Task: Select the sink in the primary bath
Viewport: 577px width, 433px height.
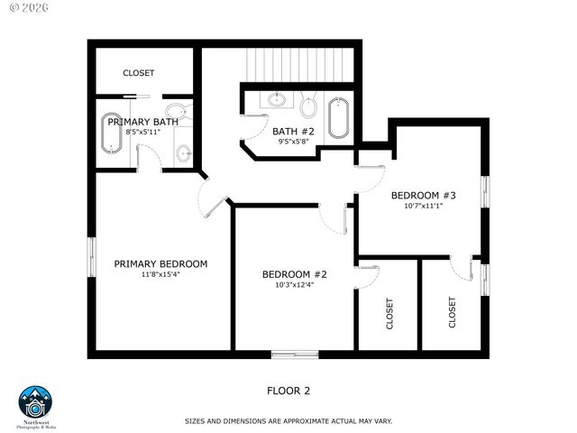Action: tap(183, 153)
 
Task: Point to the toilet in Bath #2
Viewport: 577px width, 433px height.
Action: tap(308, 109)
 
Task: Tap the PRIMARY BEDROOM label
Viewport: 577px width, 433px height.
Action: tap(160, 264)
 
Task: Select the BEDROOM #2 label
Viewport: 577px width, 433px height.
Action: tap(294, 274)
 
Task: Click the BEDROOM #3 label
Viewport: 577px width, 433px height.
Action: tap(423, 195)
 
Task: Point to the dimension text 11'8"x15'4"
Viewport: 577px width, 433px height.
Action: tap(160, 275)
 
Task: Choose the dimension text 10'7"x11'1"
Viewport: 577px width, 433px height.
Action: tap(423, 206)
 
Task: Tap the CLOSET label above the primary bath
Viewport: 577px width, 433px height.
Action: tap(139, 73)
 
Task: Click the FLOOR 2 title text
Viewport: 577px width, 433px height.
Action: tap(288, 391)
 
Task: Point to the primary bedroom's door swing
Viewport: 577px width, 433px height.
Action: tap(213, 201)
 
